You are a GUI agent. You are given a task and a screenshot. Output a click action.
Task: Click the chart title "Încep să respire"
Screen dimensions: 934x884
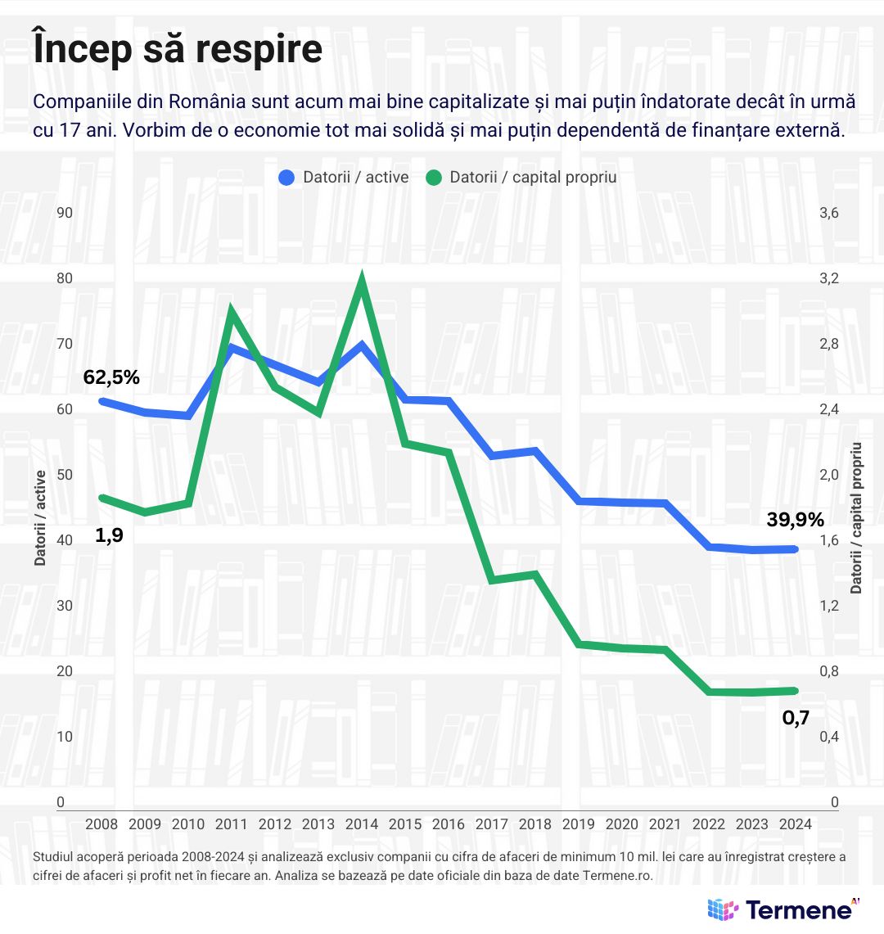[178, 49]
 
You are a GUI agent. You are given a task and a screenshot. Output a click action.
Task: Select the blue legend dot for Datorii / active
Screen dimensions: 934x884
[286, 178]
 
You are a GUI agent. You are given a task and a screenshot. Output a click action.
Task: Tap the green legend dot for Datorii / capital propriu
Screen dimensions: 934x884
[434, 178]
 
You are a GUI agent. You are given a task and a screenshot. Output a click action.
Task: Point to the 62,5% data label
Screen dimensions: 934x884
[111, 377]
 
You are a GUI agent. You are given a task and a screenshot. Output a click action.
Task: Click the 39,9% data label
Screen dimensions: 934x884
[795, 519]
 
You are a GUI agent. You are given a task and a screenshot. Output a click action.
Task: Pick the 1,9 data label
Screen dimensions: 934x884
[109, 535]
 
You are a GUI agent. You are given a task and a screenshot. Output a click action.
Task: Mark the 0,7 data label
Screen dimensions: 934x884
[796, 718]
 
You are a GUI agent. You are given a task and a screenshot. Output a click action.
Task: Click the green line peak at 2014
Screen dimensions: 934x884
[362, 282]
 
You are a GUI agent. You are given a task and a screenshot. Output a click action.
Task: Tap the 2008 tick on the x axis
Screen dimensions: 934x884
[101, 824]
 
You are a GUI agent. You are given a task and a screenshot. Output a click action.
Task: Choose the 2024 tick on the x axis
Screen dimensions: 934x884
[796, 824]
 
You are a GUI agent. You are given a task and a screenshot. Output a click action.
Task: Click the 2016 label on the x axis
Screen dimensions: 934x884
[449, 824]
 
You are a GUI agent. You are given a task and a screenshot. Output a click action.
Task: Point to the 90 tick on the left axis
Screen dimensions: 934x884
[65, 213]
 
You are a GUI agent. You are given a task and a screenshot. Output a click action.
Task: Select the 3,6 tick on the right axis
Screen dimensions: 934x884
[828, 213]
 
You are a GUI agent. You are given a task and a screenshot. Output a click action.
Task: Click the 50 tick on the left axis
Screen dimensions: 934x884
[65, 475]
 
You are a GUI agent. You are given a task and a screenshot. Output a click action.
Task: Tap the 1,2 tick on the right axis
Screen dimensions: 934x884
[828, 606]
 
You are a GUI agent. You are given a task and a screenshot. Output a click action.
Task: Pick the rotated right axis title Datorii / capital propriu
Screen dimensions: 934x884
[856, 517]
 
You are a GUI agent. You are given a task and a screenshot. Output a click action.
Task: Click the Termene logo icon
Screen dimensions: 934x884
[722, 909]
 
